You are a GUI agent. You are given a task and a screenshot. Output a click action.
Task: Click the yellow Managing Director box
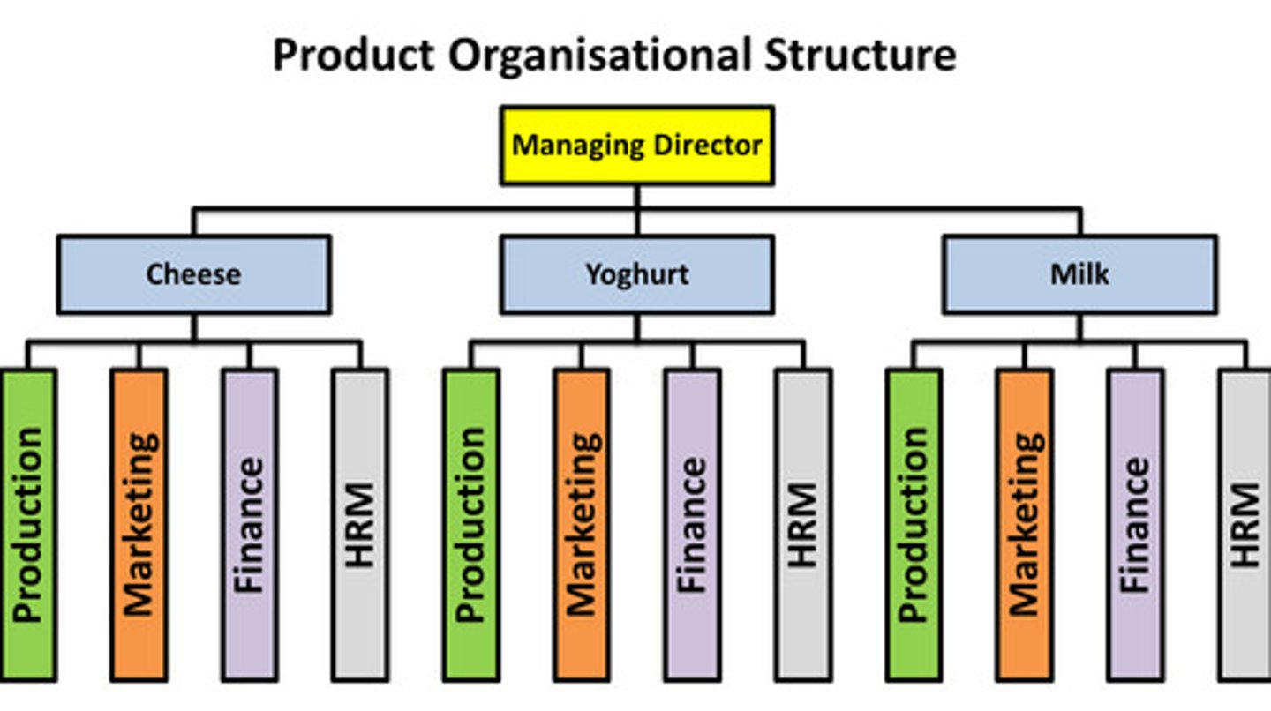[x=636, y=146]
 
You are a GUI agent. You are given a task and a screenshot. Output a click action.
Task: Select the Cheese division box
[x=193, y=274]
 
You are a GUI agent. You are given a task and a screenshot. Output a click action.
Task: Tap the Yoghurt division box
[x=636, y=274]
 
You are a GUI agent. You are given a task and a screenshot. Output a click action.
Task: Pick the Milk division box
[x=1079, y=274]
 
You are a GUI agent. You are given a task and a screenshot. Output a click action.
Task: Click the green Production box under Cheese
[x=28, y=525]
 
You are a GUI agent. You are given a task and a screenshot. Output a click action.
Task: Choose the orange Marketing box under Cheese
[x=139, y=525]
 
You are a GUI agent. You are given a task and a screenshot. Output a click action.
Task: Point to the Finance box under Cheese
[x=249, y=525]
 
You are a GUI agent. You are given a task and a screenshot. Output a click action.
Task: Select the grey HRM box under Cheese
[x=360, y=525]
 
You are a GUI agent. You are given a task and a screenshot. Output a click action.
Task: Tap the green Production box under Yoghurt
[x=471, y=525]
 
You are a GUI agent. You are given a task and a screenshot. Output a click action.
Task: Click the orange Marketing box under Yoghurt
[x=582, y=525]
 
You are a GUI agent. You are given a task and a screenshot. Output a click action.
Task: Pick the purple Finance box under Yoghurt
[x=692, y=525]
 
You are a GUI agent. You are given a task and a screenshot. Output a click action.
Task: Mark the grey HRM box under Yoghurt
[x=803, y=525]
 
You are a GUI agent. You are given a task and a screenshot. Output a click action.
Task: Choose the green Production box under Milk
[x=914, y=525]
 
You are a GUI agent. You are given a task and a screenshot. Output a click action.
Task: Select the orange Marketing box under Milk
[x=1024, y=525]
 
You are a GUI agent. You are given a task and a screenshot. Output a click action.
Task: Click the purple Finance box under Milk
[x=1135, y=525]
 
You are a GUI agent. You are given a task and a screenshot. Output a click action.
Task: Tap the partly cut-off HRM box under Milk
[x=1245, y=525]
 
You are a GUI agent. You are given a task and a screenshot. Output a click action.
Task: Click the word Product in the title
[x=353, y=56]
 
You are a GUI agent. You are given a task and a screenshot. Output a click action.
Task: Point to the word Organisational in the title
[x=601, y=56]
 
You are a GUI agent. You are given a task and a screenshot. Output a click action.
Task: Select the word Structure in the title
[x=860, y=56]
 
